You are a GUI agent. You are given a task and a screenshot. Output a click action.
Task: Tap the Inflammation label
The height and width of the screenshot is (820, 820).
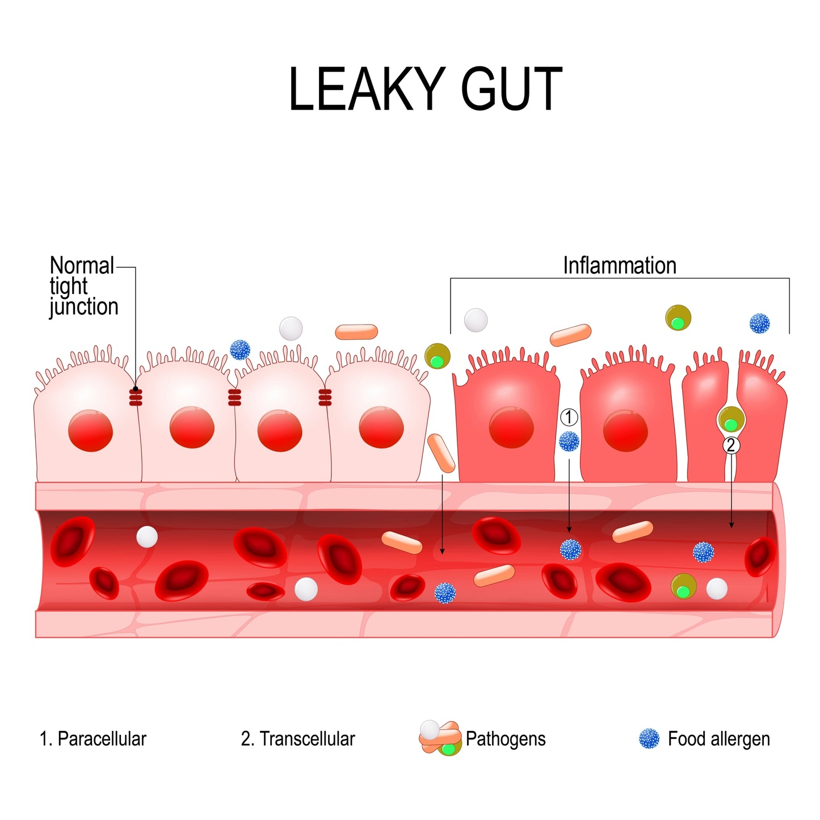coord(619,266)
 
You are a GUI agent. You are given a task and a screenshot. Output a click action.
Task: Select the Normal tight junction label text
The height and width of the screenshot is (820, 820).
coord(83,286)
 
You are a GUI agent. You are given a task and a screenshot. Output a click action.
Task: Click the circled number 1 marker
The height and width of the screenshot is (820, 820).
coord(569,418)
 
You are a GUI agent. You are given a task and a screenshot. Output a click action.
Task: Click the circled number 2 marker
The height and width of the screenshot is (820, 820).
coord(731,445)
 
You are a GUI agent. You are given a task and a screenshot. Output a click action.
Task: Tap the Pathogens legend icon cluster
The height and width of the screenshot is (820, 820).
coord(440,738)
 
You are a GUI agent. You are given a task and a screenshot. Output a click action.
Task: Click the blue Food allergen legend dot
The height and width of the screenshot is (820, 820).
coord(649,739)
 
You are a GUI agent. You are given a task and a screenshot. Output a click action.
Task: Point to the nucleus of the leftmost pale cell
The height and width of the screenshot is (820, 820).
coord(90,431)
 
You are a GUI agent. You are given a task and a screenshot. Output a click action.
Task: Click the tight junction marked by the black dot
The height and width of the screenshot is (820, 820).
coord(136,396)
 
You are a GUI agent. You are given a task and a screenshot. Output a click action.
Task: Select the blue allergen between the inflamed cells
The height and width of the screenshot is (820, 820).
coord(569,441)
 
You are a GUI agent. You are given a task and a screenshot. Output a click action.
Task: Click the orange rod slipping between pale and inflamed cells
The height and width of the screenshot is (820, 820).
coord(441,453)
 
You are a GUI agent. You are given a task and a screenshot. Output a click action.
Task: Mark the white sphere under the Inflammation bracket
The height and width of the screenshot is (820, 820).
coord(476,320)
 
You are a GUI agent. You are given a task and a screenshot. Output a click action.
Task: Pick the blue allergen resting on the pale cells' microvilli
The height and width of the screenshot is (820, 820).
coord(240,350)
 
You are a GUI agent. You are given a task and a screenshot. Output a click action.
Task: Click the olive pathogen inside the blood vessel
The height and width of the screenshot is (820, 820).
coord(684,586)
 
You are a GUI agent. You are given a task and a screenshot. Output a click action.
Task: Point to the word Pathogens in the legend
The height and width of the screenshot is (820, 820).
coord(506,739)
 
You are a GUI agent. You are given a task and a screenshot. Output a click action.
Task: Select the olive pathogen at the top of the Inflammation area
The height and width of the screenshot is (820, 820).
coord(678,318)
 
